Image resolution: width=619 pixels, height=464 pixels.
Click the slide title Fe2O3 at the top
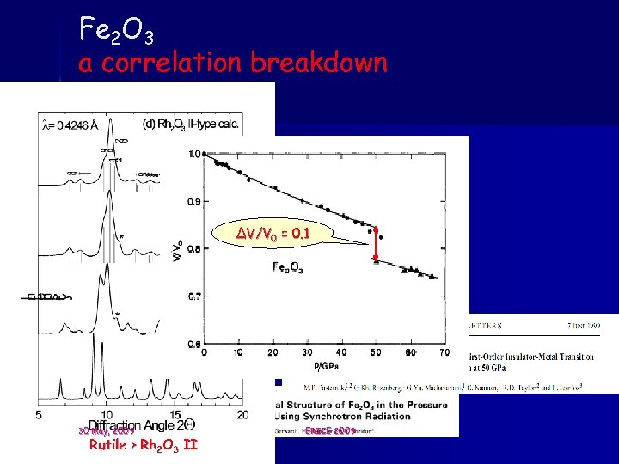(117, 31)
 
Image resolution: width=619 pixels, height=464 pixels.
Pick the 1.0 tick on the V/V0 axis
(194, 155)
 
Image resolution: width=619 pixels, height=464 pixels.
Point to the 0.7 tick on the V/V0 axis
(194, 296)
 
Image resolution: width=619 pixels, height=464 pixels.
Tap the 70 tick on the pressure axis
(444, 352)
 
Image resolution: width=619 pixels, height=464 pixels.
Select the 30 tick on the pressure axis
(307, 352)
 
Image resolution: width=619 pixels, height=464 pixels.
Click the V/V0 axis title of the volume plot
(178, 249)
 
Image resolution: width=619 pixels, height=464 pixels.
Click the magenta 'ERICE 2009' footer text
(329, 430)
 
